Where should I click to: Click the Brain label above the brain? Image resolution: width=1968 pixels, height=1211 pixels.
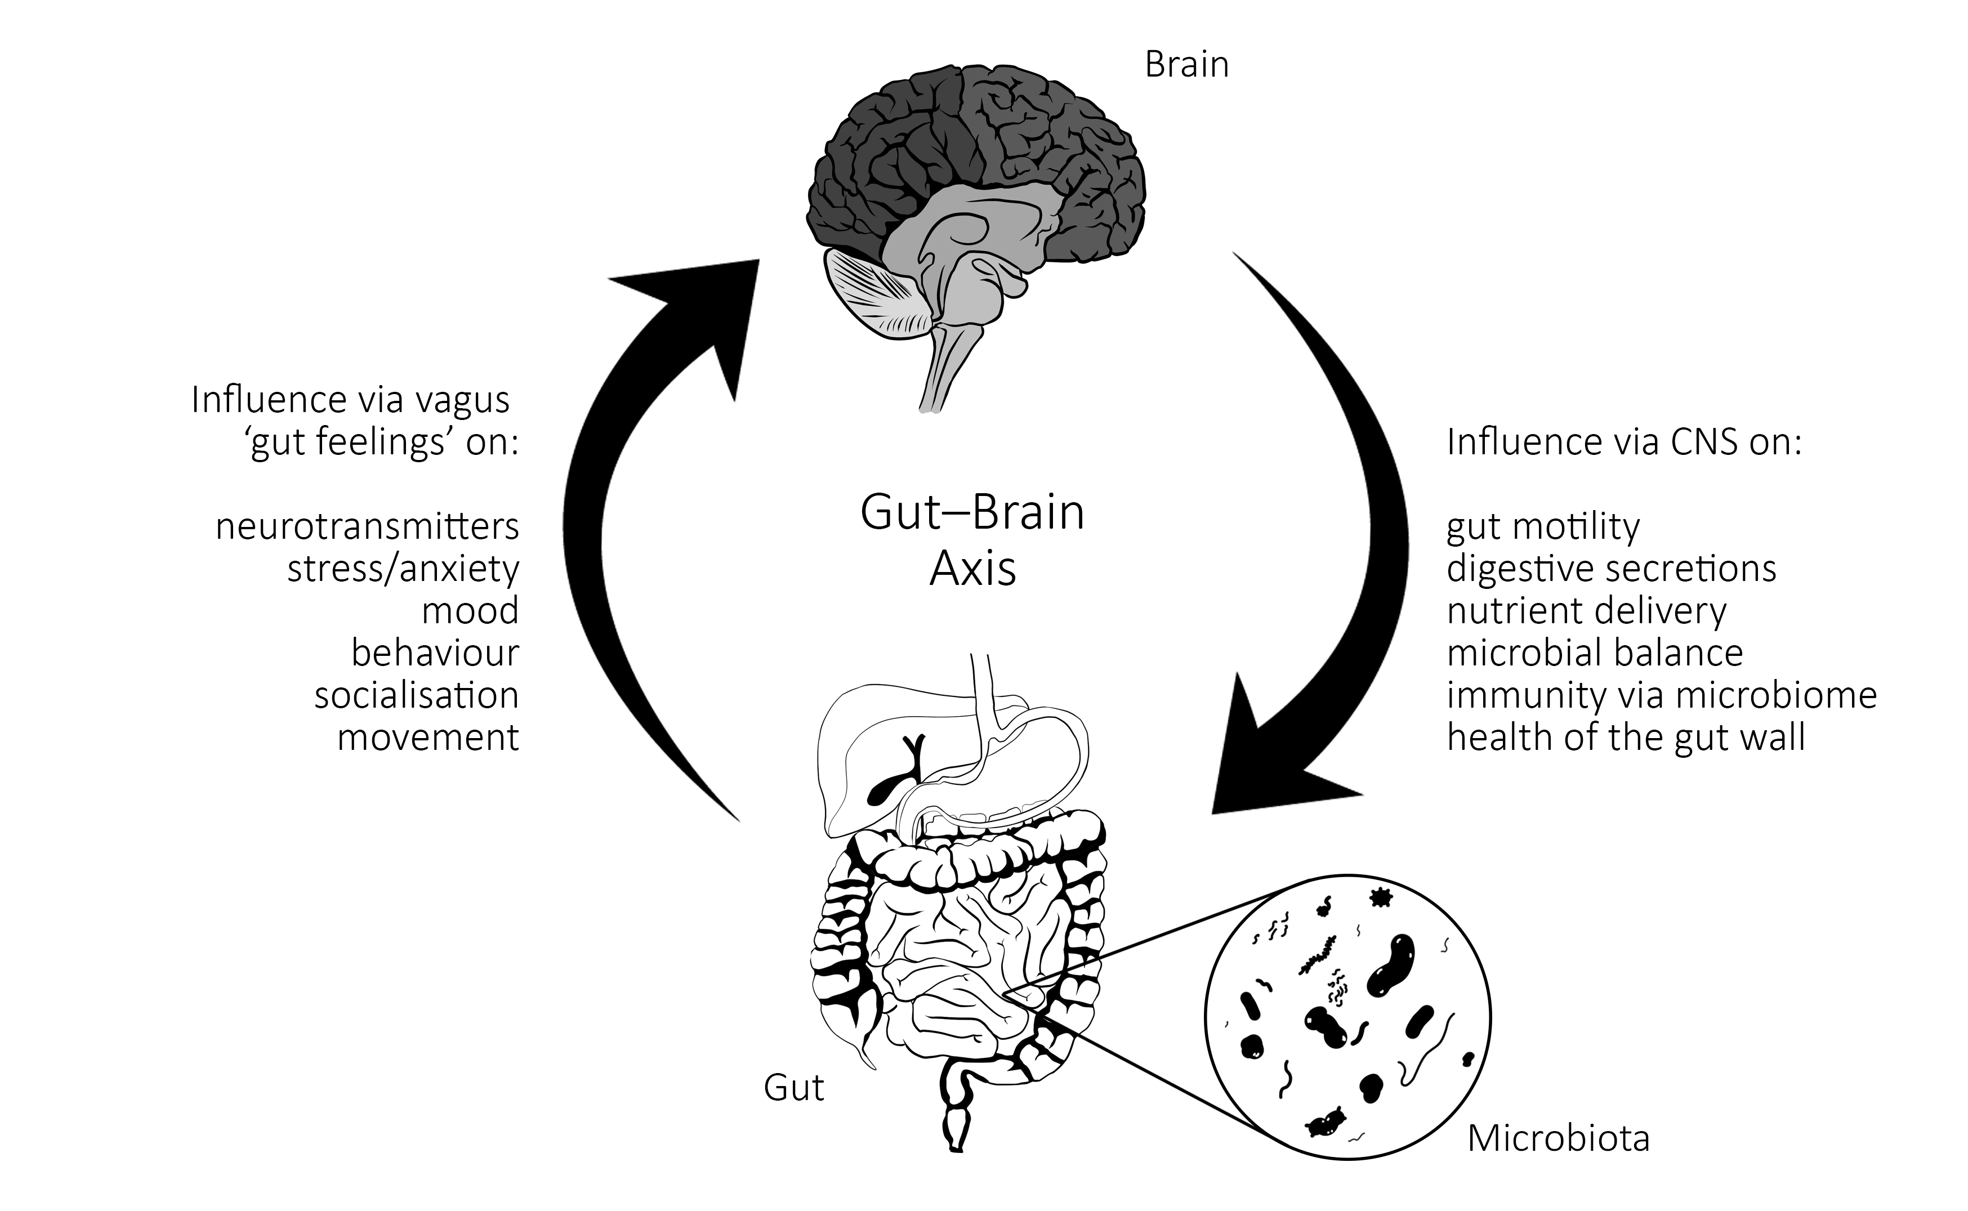point(1186,64)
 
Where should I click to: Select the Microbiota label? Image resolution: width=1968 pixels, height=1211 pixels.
point(1558,1138)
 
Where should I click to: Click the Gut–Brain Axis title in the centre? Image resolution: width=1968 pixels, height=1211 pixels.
point(972,540)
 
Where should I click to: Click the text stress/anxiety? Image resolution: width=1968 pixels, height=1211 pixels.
point(403,569)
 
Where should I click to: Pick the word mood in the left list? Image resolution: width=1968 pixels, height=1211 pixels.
point(470,610)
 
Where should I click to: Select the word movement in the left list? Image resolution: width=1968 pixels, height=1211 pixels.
point(428,737)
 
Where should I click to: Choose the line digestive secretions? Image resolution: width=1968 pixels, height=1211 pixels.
point(1612,569)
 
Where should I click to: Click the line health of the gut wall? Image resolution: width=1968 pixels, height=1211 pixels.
point(1626,737)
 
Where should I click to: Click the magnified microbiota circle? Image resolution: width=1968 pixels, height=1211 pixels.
point(1348,1017)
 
